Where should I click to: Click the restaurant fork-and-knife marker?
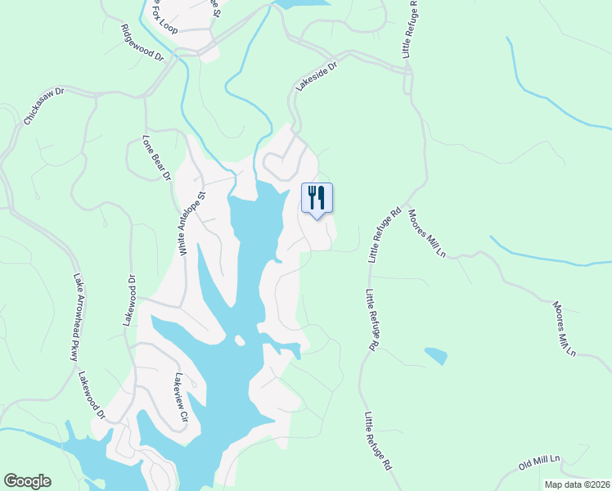click(x=317, y=198)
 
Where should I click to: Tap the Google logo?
click(x=27, y=481)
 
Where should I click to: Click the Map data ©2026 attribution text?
click(x=576, y=484)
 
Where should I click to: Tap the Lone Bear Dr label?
click(x=156, y=157)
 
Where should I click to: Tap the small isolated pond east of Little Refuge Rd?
click(x=436, y=356)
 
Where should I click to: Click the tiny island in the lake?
click(x=239, y=340)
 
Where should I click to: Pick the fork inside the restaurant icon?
click(x=312, y=197)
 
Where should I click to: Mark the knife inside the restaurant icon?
click(x=322, y=197)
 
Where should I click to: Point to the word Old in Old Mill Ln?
click(x=526, y=469)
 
